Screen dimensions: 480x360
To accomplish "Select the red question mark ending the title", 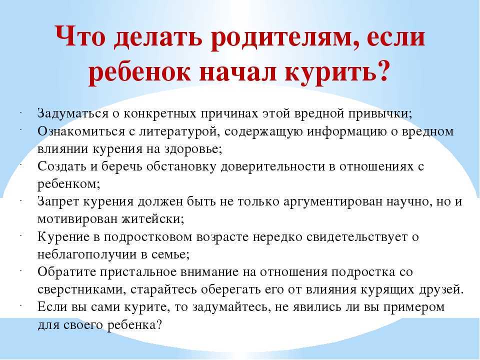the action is click(382, 70).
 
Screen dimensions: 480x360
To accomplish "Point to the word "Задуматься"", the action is click(73, 113).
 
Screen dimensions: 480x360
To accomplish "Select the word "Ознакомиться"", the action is click(81, 131).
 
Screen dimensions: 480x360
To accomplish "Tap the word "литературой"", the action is click(179, 131).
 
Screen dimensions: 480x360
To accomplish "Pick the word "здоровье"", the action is click(193, 149).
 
